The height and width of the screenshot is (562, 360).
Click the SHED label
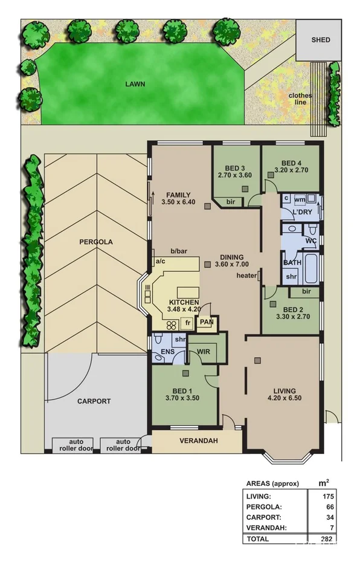(x=321, y=40)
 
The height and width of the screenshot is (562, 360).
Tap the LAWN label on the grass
(x=135, y=85)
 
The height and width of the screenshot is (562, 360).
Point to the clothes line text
(x=300, y=99)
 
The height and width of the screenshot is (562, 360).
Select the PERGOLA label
(x=95, y=242)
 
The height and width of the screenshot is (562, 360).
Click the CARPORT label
(x=94, y=401)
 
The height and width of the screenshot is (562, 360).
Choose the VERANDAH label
(x=198, y=441)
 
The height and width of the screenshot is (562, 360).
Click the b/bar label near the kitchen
(x=178, y=251)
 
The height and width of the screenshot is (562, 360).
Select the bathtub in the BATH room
(x=310, y=270)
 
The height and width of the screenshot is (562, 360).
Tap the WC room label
(x=311, y=241)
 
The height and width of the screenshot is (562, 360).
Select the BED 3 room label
(x=234, y=168)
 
